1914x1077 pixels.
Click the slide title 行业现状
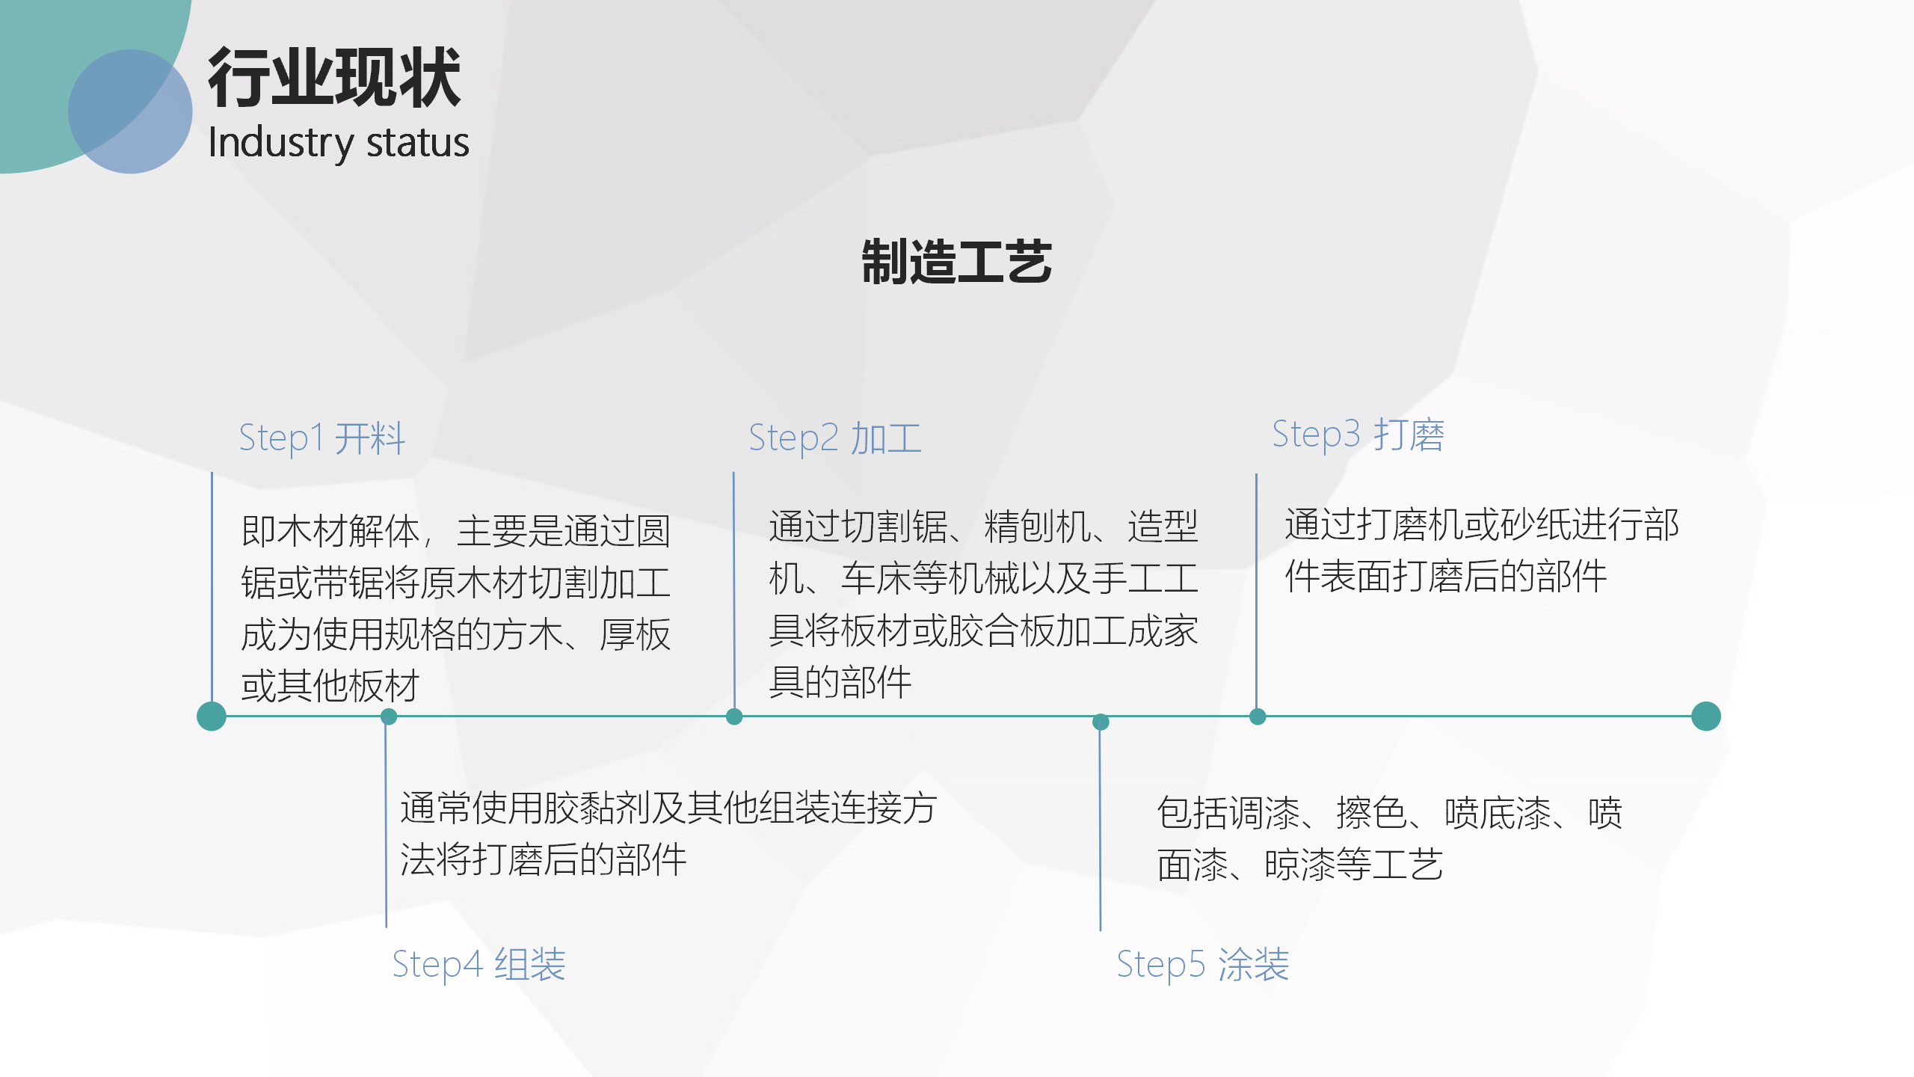tap(334, 77)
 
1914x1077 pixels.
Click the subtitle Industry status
tap(339, 143)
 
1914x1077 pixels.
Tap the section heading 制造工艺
tap(957, 262)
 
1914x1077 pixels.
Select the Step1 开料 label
tap(322, 438)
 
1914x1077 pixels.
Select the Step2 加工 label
tap(835, 438)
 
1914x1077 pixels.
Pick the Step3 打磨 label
tap(1358, 435)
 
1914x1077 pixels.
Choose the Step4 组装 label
tap(479, 965)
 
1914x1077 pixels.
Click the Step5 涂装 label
tap(1203, 965)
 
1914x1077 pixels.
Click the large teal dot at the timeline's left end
tap(212, 716)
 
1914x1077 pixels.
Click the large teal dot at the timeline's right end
tap(1706, 716)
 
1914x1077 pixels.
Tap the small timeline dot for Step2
tap(734, 717)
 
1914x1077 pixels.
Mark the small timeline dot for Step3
tap(1258, 717)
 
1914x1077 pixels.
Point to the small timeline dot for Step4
tap(389, 717)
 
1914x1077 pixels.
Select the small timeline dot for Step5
tap(1101, 722)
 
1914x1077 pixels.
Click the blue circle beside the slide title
tap(130, 111)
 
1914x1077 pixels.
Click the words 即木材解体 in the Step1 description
tap(330, 531)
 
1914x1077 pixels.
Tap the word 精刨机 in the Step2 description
tap(1038, 527)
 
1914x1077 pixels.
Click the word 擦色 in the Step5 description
tap(1372, 813)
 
